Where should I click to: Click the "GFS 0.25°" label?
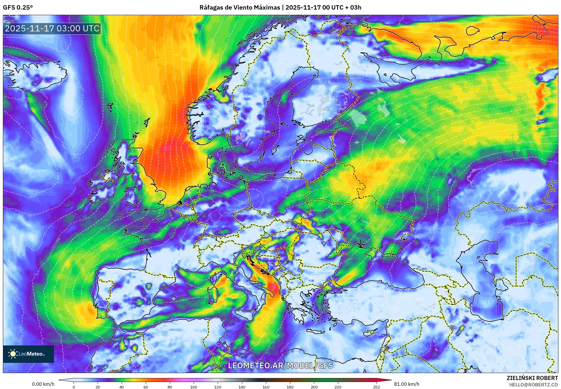click(x=18, y=8)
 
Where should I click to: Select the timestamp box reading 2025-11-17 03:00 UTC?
click(x=52, y=29)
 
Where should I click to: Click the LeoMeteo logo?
click(x=28, y=354)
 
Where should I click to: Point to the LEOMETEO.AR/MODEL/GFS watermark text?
click(x=280, y=365)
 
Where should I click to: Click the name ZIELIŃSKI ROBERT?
click(x=532, y=378)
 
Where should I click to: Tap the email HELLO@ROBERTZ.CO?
click(x=533, y=385)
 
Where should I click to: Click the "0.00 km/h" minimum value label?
click(x=43, y=384)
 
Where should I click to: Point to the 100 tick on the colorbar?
click(x=194, y=387)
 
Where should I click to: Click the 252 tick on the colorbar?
click(x=376, y=387)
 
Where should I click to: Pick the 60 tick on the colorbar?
click(x=145, y=387)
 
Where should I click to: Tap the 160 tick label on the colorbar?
click(x=266, y=387)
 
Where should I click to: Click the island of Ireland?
click(x=102, y=187)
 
